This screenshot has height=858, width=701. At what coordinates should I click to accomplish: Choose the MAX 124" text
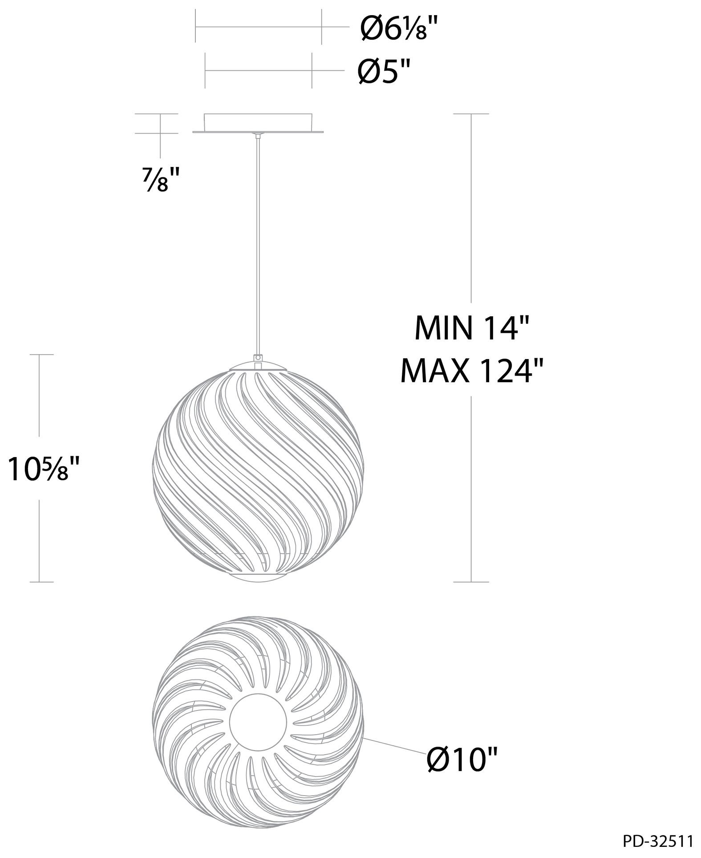(x=472, y=370)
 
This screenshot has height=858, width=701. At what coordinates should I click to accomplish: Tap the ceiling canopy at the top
(x=259, y=122)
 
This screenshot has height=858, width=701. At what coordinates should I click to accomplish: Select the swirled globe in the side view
(x=259, y=472)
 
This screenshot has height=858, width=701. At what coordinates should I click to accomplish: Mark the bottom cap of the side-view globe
(x=259, y=578)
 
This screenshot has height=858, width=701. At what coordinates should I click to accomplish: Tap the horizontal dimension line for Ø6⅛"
(x=258, y=27)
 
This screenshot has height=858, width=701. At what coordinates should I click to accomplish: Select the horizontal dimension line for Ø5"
(x=258, y=70)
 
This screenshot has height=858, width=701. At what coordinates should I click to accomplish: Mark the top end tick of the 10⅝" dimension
(x=41, y=355)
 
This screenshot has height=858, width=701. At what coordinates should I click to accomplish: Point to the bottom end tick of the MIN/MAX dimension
(x=471, y=582)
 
